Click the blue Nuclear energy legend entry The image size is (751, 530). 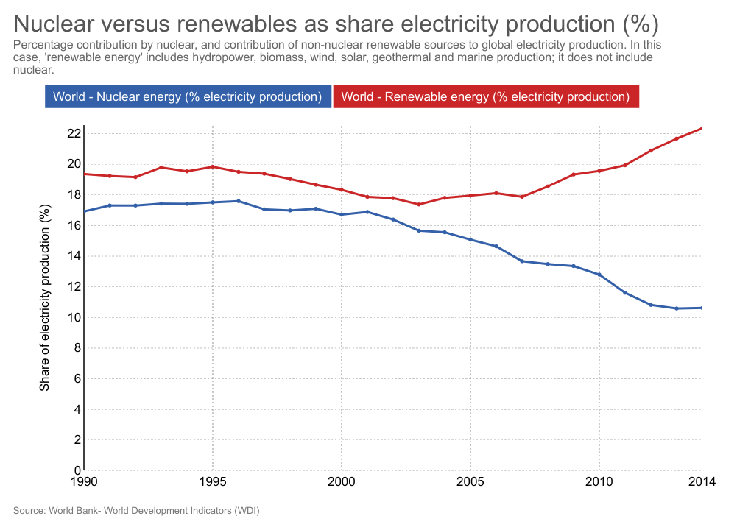click(188, 96)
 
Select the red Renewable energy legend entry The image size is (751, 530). click(486, 96)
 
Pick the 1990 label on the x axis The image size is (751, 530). click(84, 482)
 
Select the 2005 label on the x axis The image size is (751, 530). click(470, 482)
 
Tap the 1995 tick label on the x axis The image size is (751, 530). click(213, 482)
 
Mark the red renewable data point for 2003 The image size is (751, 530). click(419, 204)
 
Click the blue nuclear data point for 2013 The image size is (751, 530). click(677, 308)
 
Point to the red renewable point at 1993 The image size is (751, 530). click(161, 167)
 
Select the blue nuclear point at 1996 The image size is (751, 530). click(239, 201)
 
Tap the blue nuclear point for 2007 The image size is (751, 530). click(522, 261)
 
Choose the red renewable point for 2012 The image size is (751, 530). click(651, 150)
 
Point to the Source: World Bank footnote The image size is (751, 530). click(136, 510)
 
